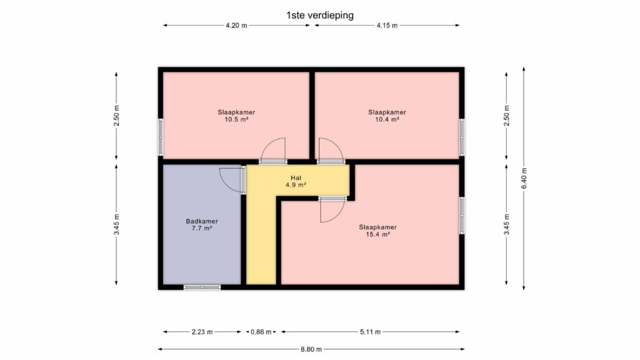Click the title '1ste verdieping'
pyautogui.click(x=320, y=15)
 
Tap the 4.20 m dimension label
pyautogui.click(x=236, y=26)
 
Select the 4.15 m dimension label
pyautogui.click(x=387, y=26)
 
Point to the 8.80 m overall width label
pyautogui.click(x=311, y=349)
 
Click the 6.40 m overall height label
pyautogui.click(x=524, y=178)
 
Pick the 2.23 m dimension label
pyautogui.click(x=202, y=332)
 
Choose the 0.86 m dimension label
pyautogui.click(x=261, y=332)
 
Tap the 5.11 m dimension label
pyautogui.click(x=370, y=332)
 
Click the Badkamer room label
pyautogui.click(x=202, y=221)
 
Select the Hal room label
pyautogui.click(x=296, y=178)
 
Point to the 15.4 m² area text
pyautogui.click(x=378, y=234)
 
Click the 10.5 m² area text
pyautogui.click(x=236, y=119)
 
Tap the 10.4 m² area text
pyautogui.click(x=387, y=119)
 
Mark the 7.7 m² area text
pyautogui.click(x=202, y=228)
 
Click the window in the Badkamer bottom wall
pyautogui.click(x=202, y=287)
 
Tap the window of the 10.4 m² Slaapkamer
pyautogui.click(x=462, y=138)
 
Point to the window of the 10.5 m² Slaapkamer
pyautogui.click(x=161, y=138)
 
